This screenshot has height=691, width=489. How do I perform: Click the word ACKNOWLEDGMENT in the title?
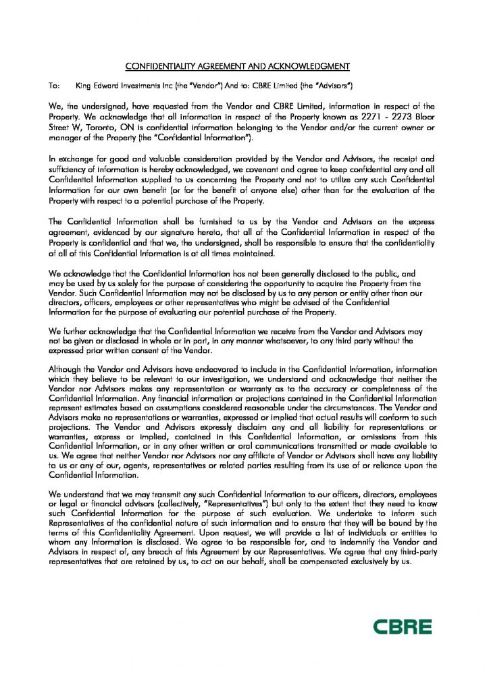coord(310,65)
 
